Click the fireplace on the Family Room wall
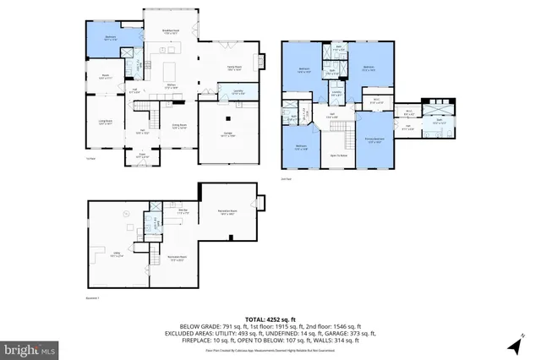(261, 61)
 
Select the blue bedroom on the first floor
(109, 39)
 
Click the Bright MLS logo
(30, 347)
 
